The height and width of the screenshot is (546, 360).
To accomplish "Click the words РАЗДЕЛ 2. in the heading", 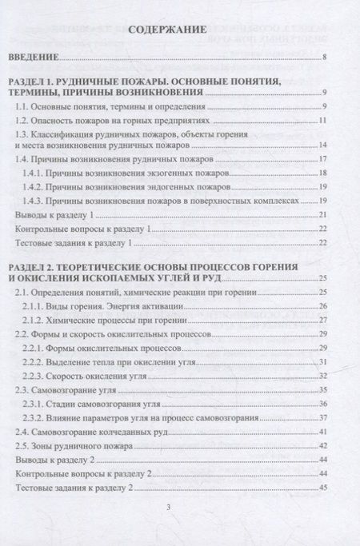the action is click(39, 265).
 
